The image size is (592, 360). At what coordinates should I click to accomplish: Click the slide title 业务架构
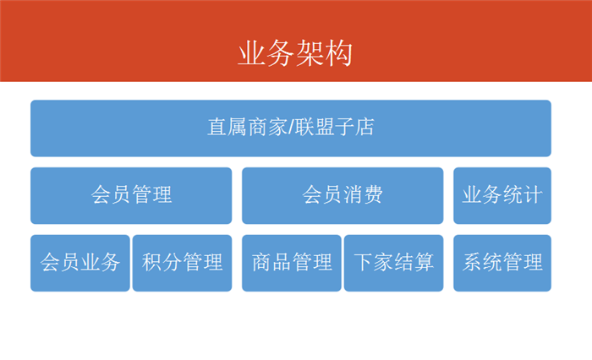(295, 53)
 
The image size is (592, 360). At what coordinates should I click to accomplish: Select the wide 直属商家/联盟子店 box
(291, 128)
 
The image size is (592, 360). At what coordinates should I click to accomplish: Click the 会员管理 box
(131, 195)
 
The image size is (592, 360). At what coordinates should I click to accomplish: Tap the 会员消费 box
(343, 195)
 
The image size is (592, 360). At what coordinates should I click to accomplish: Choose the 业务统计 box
(502, 195)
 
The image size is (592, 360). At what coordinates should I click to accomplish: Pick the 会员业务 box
(80, 263)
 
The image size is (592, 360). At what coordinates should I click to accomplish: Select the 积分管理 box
(182, 263)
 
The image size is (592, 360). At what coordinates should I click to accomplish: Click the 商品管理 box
(292, 263)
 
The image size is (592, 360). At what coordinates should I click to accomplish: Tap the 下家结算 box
(393, 263)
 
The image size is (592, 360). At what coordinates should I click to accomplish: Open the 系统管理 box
(502, 263)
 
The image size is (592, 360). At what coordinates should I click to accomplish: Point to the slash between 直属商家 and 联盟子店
(291, 127)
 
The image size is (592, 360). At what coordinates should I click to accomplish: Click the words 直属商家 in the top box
(248, 127)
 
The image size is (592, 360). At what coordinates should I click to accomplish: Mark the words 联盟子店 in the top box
(335, 127)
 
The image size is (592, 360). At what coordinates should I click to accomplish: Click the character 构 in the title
(338, 53)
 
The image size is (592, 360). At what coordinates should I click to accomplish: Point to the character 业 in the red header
(252, 53)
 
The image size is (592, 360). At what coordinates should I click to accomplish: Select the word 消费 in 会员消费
(363, 194)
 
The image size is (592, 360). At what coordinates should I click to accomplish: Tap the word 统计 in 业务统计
(523, 194)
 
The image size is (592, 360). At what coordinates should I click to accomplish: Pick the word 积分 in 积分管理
(162, 262)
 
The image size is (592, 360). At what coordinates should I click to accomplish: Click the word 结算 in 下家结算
(414, 262)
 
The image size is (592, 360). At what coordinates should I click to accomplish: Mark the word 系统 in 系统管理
(483, 262)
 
